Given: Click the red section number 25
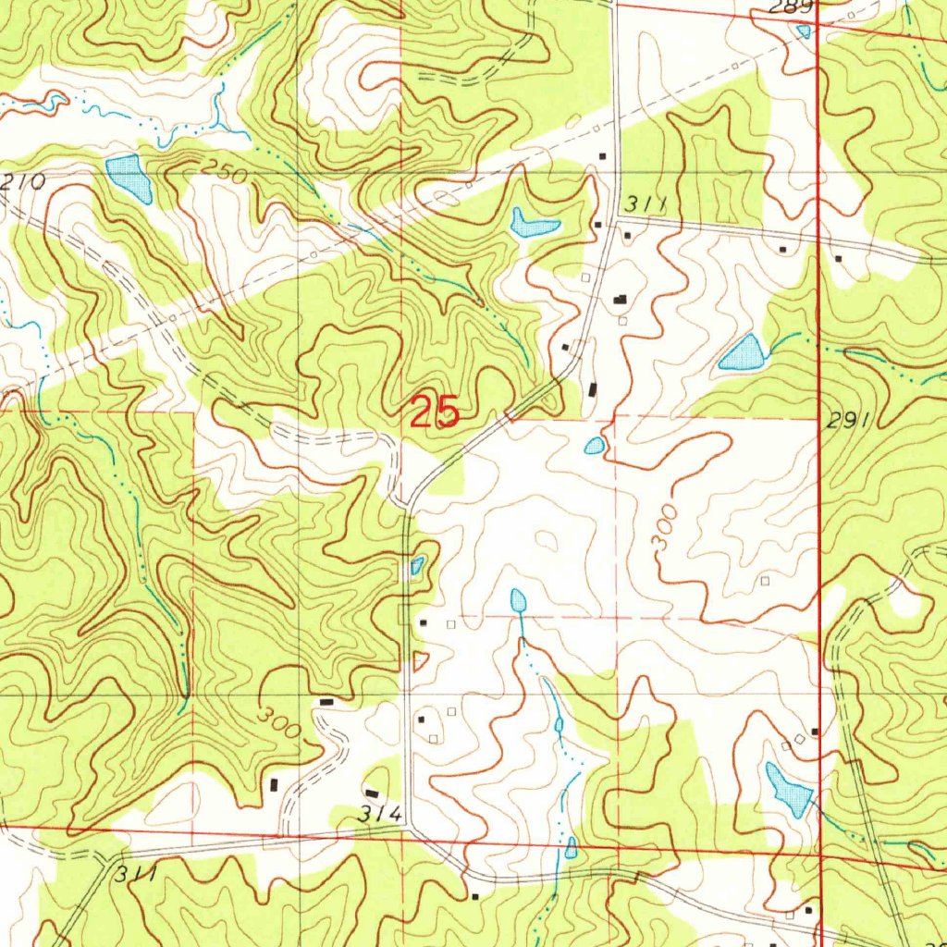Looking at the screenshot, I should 435,412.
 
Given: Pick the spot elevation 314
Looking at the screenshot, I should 381,815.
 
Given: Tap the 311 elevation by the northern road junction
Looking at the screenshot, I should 645,203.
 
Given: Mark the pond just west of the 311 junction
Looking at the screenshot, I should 534,223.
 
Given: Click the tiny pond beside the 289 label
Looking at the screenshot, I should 803,31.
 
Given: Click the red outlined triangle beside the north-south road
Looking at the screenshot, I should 420,660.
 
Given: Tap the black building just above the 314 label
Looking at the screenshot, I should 372,793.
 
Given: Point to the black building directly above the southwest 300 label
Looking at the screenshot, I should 325,703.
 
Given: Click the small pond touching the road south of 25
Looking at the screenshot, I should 417,565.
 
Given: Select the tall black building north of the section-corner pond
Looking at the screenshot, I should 593,390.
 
